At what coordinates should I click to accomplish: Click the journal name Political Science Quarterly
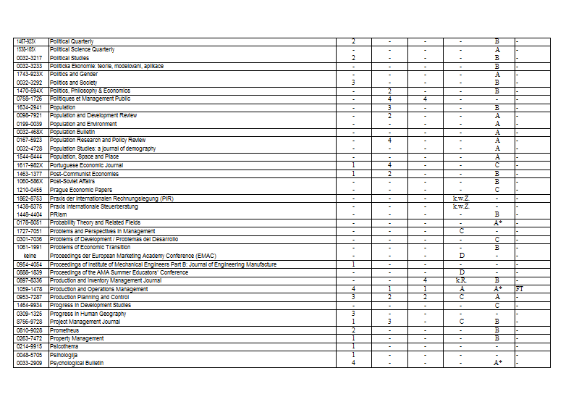click(83, 49)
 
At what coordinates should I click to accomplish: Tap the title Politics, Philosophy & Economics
click(90, 91)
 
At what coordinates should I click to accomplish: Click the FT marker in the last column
click(519, 289)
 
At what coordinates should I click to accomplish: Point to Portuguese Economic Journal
click(86, 165)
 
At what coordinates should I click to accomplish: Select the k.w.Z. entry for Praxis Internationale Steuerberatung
click(461, 206)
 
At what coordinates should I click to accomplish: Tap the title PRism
click(59, 214)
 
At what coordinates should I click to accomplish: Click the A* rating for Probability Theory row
click(498, 223)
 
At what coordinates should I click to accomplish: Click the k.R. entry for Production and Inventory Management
click(461, 280)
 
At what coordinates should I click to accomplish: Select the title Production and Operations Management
click(98, 289)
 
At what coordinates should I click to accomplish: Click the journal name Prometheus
click(65, 330)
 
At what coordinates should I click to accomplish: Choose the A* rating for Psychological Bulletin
click(498, 363)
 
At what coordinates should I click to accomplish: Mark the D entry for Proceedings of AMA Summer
click(461, 272)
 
